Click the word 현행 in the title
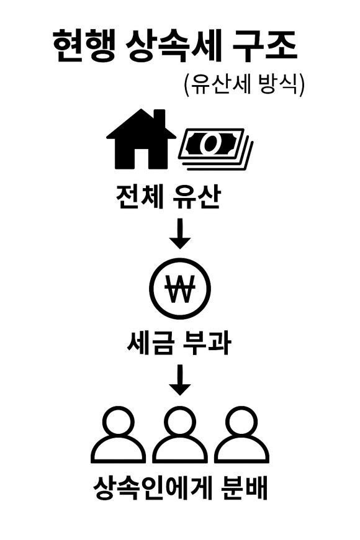point(83,46)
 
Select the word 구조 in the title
point(265,46)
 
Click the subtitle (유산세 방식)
point(245,84)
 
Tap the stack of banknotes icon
point(215,149)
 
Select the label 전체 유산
point(168,197)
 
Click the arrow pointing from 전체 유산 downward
point(180,233)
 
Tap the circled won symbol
point(180,289)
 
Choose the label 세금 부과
point(179,343)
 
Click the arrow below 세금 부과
point(180,380)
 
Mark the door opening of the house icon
point(142,159)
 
